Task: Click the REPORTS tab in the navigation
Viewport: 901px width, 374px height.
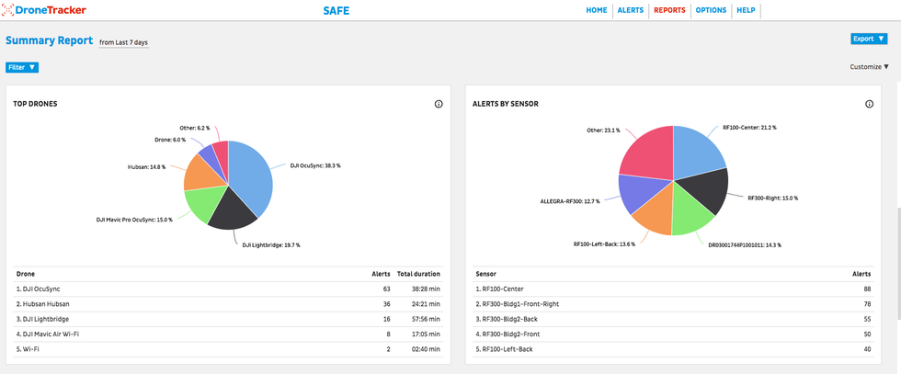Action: [x=669, y=10]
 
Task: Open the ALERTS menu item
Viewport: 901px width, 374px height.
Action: [x=630, y=10]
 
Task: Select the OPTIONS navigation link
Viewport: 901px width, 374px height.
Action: [x=711, y=10]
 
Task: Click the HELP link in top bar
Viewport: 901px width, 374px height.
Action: [x=746, y=10]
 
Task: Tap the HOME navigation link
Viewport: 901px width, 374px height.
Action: [x=597, y=10]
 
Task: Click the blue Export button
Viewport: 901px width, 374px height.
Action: [x=869, y=39]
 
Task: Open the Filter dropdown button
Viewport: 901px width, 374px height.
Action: [x=22, y=67]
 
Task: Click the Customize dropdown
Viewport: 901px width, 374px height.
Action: [x=869, y=67]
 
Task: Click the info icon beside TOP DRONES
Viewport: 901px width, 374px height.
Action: [x=439, y=105]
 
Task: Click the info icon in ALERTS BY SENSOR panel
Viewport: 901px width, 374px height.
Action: [x=869, y=105]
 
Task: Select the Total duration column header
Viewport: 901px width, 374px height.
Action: [x=418, y=273]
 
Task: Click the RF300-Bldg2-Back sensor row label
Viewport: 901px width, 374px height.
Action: [x=508, y=319]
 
